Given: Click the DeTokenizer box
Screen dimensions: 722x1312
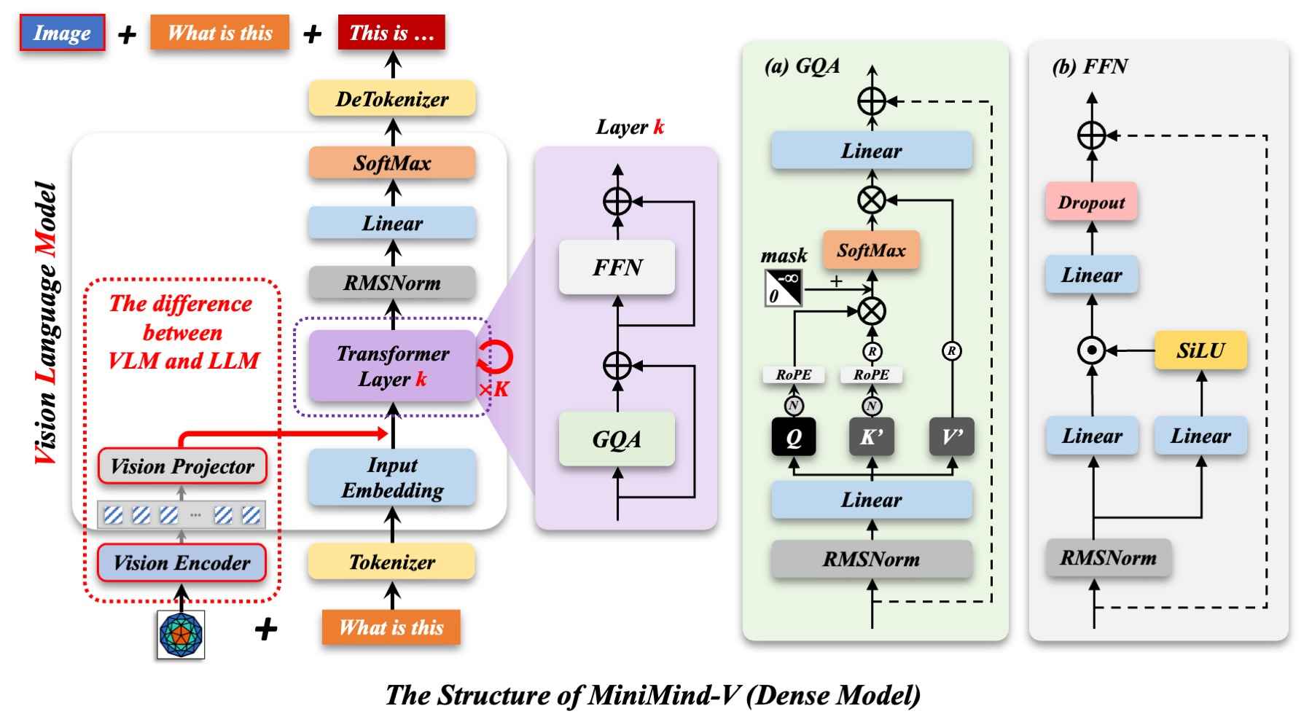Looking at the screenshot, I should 392,99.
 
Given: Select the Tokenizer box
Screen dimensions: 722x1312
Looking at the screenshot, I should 392,562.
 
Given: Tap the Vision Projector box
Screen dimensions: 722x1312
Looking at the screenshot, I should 182,466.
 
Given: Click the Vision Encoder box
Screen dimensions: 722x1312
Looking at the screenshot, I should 182,562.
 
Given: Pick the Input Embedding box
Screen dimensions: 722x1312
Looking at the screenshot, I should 392,477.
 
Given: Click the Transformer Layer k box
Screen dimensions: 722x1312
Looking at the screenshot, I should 392,366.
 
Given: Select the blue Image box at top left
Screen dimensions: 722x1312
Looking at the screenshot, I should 62,33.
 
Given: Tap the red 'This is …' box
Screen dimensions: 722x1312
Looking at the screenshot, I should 391,33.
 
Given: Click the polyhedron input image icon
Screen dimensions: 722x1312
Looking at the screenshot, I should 181,635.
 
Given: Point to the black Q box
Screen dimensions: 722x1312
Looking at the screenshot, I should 794,437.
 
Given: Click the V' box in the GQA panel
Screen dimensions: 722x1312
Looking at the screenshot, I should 952,437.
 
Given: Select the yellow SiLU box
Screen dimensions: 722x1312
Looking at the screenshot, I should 1200,351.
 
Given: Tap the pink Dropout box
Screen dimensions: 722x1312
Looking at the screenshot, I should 1091,203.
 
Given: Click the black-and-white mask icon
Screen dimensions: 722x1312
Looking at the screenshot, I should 784,288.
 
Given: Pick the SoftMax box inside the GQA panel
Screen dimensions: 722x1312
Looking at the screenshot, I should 871,251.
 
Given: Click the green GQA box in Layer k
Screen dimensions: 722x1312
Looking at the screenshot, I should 617,439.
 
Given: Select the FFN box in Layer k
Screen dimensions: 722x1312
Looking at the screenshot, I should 617,267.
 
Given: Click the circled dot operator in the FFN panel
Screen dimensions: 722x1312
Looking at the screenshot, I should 1091,350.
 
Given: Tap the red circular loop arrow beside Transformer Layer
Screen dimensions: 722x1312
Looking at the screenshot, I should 496,357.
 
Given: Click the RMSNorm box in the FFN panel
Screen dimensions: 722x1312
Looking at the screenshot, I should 1108,558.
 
